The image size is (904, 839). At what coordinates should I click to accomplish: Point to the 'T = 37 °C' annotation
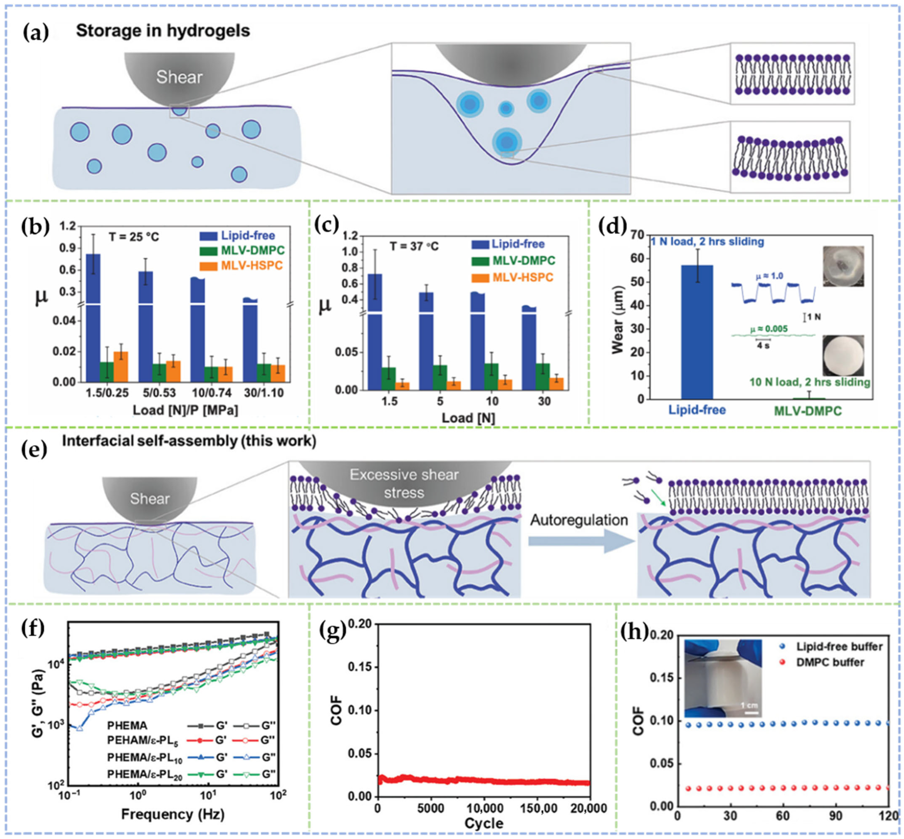click(414, 246)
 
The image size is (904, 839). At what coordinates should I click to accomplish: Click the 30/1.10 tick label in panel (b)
click(263, 393)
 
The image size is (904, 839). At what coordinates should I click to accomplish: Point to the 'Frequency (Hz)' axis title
click(173, 814)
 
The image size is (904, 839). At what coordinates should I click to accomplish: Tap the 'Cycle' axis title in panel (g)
click(484, 823)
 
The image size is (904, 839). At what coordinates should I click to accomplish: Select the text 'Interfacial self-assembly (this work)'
click(189, 441)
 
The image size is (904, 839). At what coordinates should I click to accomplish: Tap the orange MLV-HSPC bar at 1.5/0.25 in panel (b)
click(121, 366)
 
